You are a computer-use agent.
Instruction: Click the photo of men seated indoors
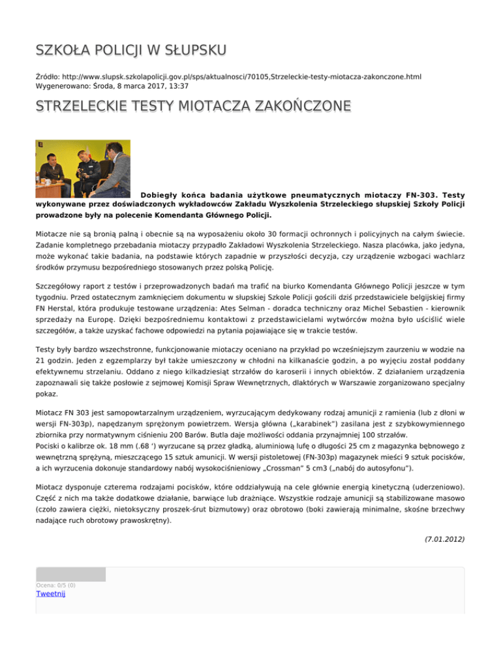pos(83,168)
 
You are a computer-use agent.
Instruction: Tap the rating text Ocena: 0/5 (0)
pos(55,585)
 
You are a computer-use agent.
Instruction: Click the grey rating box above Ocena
pos(70,574)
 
